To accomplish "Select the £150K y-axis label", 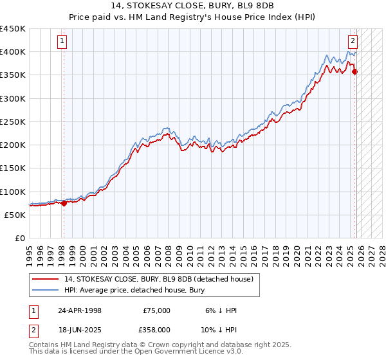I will point(13,168).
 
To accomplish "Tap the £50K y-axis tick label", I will point(15,215).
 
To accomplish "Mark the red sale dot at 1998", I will point(64,203).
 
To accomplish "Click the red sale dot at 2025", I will point(355,71).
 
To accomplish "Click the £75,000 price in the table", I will point(156,310).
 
